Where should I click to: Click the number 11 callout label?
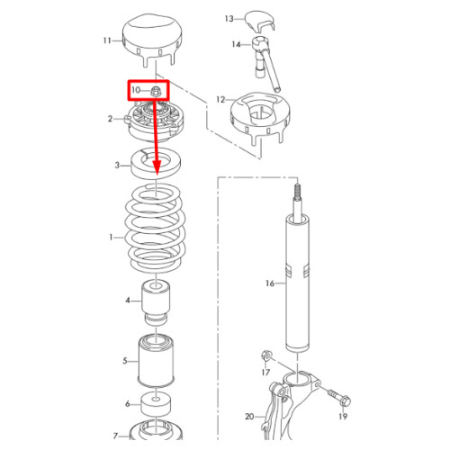click(107, 40)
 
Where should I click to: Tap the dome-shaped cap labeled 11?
click(152, 38)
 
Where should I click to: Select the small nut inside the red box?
click(156, 91)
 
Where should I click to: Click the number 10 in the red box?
click(136, 90)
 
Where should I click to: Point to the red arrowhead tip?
click(157, 175)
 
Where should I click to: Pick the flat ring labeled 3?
click(156, 164)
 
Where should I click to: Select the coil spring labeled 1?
click(156, 228)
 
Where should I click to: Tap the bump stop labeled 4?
click(156, 302)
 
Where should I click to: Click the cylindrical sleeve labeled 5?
click(156, 360)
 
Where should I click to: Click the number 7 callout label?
click(115, 436)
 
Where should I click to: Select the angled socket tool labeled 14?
click(266, 62)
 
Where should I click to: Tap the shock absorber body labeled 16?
click(297, 282)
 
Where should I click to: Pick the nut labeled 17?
click(266, 355)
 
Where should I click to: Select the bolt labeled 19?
click(339, 397)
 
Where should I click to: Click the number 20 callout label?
click(249, 417)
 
